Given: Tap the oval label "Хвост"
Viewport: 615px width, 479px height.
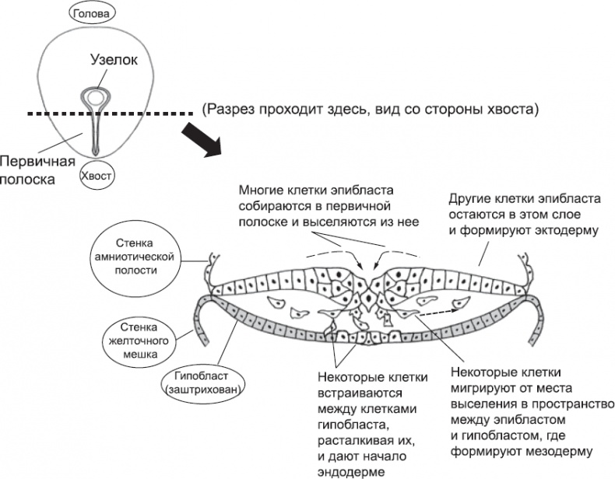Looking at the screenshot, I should click(x=97, y=177).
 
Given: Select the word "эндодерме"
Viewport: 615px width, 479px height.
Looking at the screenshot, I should click(x=350, y=470).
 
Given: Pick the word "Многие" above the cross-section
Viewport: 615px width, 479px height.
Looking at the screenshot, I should click(x=261, y=191).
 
